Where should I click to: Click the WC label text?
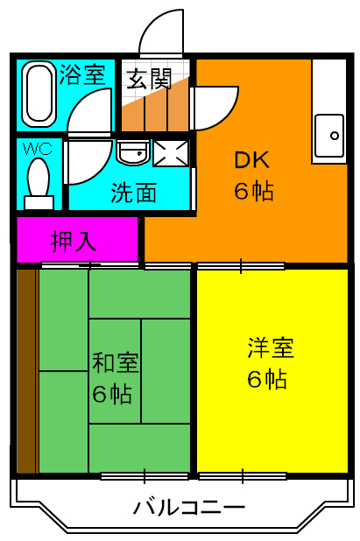(x=37, y=148)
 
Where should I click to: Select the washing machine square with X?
(x=172, y=153)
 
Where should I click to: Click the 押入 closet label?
(x=74, y=240)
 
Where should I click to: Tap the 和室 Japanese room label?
(x=116, y=362)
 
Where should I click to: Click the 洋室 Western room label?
(x=270, y=348)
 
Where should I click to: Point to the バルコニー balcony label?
(x=189, y=507)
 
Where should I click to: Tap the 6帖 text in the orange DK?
(x=253, y=191)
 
